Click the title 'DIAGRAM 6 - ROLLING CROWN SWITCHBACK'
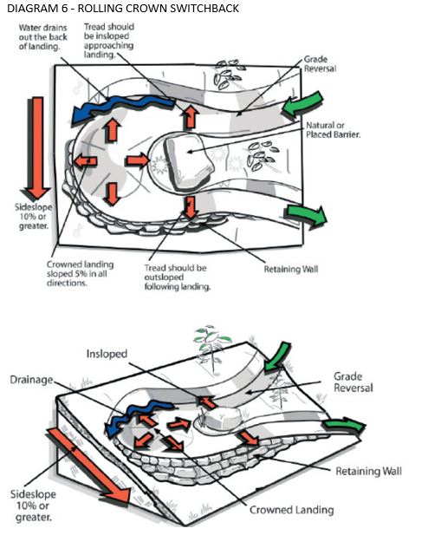pos(123,8)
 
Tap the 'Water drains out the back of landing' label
pos(43,36)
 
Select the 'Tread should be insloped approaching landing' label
pos(109,41)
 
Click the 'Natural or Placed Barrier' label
pos(334,130)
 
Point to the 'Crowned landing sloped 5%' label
pos(81,274)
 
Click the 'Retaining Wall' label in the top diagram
pos(291,269)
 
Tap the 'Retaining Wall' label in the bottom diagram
pos(369,471)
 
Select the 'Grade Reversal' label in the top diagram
pos(320,64)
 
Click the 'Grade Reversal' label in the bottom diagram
pos(353,382)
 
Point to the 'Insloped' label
pos(107,354)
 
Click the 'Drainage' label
pos(32,380)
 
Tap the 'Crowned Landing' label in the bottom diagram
pos(292,510)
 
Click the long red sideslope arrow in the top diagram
pos(36,147)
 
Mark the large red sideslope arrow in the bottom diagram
pos(89,466)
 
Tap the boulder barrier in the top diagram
pos(189,160)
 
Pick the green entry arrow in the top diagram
pos(303,104)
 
